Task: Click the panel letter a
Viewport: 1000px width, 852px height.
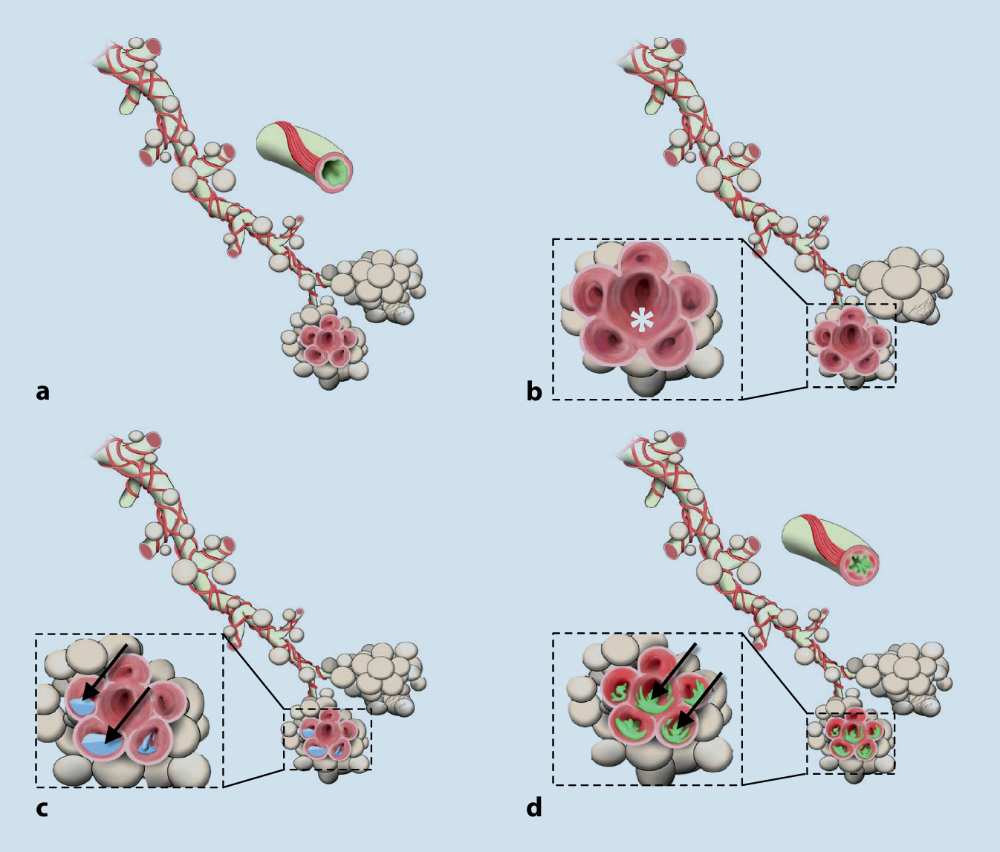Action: coord(42,391)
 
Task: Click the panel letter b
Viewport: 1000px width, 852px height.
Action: coord(534,391)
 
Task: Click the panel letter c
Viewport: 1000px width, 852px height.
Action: coord(42,808)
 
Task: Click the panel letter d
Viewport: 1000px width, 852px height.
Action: coord(534,807)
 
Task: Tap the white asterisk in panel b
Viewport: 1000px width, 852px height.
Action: coord(642,320)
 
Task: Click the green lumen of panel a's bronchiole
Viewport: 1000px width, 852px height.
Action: coord(337,171)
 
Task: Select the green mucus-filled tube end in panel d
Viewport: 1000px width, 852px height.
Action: coord(863,563)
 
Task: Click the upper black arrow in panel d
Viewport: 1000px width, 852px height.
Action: coord(673,671)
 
